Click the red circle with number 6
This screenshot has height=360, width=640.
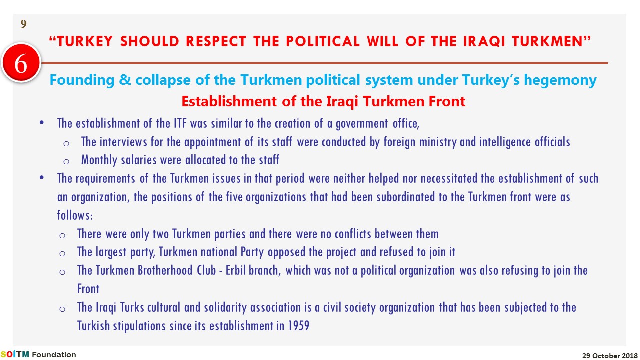point(21,63)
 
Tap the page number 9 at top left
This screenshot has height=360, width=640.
point(23,24)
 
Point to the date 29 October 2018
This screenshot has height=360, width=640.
point(610,355)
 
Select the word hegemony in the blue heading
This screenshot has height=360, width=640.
point(560,80)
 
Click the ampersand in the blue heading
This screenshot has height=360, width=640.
point(125,79)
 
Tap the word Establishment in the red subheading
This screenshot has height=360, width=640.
point(229,101)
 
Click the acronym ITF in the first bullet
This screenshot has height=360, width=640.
point(180,123)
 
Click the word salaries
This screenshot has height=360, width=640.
point(139,160)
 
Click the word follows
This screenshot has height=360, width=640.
point(75,215)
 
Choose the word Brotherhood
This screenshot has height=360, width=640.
point(165,270)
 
